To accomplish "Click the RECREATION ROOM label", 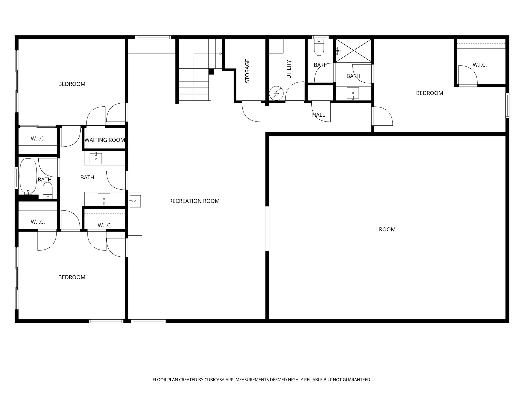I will pyautogui.click(x=194, y=201).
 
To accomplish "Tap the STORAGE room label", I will pyautogui.click(x=247, y=71).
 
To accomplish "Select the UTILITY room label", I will pyautogui.click(x=289, y=69).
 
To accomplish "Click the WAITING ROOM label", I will pyautogui.click(x=105, y=140).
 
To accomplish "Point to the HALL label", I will pyautogui.click(x=319, y=115).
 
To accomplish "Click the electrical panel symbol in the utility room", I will pyautogui.click(x=276, y=93).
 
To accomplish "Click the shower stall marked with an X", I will pyautogui.click(x=354, y=50).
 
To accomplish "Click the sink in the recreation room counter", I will pyautogui.click(x=135, y=201).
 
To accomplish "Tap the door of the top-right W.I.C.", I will pyautogui.click(x=467, y=75).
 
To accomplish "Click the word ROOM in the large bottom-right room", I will pyautogui.click(x=387, y=230).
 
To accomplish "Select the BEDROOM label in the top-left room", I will pyautogui.click(x=72, y=84).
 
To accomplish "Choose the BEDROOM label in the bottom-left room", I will pyautogui.click(x=72, y=277).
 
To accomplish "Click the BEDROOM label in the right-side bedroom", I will pyautogui.click(x=430, y=93).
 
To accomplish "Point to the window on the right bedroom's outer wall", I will pyautogui.click(x=507, y=106).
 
